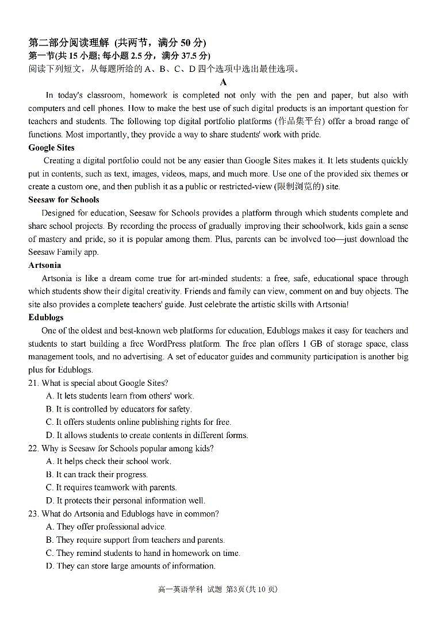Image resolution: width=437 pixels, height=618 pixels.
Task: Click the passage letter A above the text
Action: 224,82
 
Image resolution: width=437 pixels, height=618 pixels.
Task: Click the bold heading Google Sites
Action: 51,148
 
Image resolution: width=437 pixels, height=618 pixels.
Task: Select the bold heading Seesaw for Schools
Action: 63,199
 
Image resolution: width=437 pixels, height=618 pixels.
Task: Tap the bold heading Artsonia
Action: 44,265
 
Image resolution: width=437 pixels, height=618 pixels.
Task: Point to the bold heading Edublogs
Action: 46,317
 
